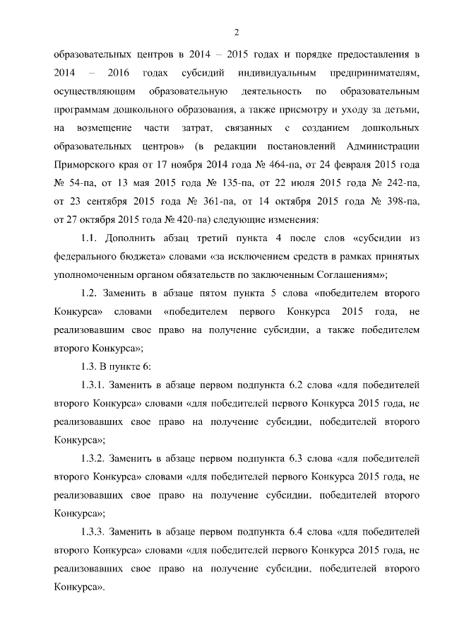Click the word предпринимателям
click(x=374, y=73)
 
